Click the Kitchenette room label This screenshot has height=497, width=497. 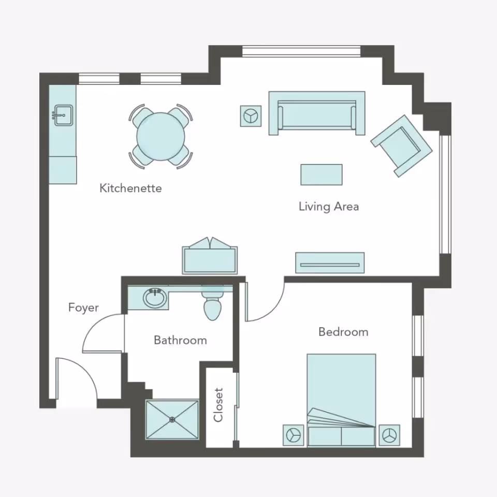[130, 188]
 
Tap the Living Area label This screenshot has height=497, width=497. [328, 207]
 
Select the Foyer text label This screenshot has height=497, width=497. [83, 308]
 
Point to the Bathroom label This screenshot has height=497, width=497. [180, 340]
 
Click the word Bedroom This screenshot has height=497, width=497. [343, 331]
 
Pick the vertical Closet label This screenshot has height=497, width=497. [218, 405]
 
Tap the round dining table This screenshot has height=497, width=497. [160, 137]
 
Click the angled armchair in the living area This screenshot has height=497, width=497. [402, 145]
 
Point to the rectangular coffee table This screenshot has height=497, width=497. [321, 174]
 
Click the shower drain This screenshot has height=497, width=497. [172, 420]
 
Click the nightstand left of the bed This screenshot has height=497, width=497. [294, 435]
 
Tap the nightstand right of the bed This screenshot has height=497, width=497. [389, 435]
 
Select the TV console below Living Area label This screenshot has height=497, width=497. [329, 263]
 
